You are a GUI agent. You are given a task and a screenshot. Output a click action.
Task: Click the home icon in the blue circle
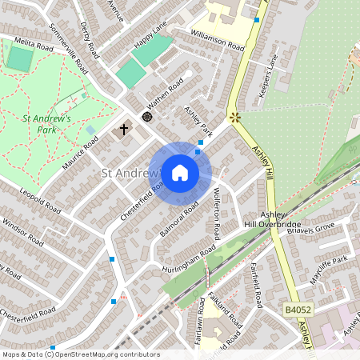180,173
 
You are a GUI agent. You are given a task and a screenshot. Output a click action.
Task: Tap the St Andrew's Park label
47,124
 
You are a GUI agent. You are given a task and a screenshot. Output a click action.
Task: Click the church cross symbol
124,128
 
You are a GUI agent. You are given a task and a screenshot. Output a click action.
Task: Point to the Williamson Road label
217,40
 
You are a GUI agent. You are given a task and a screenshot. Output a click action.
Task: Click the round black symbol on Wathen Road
147,117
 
